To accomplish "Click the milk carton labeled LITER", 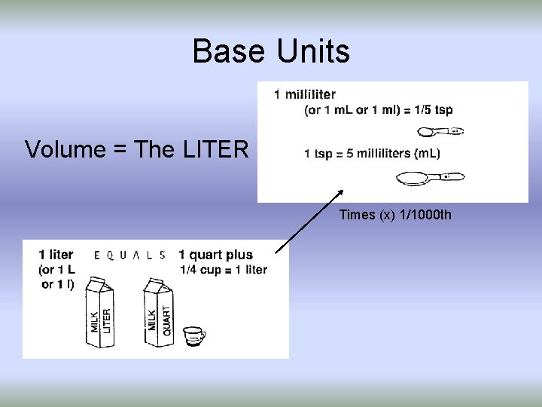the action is [100, 313].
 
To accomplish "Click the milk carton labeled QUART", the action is [160, 313].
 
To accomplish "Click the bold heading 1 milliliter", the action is [305, 95].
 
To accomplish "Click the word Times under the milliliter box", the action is [357, 216].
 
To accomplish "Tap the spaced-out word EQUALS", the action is [129, 255].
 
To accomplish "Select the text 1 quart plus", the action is [215, 255].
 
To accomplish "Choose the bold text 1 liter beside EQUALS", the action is [56, 255].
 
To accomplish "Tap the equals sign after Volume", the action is [116, 149].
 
